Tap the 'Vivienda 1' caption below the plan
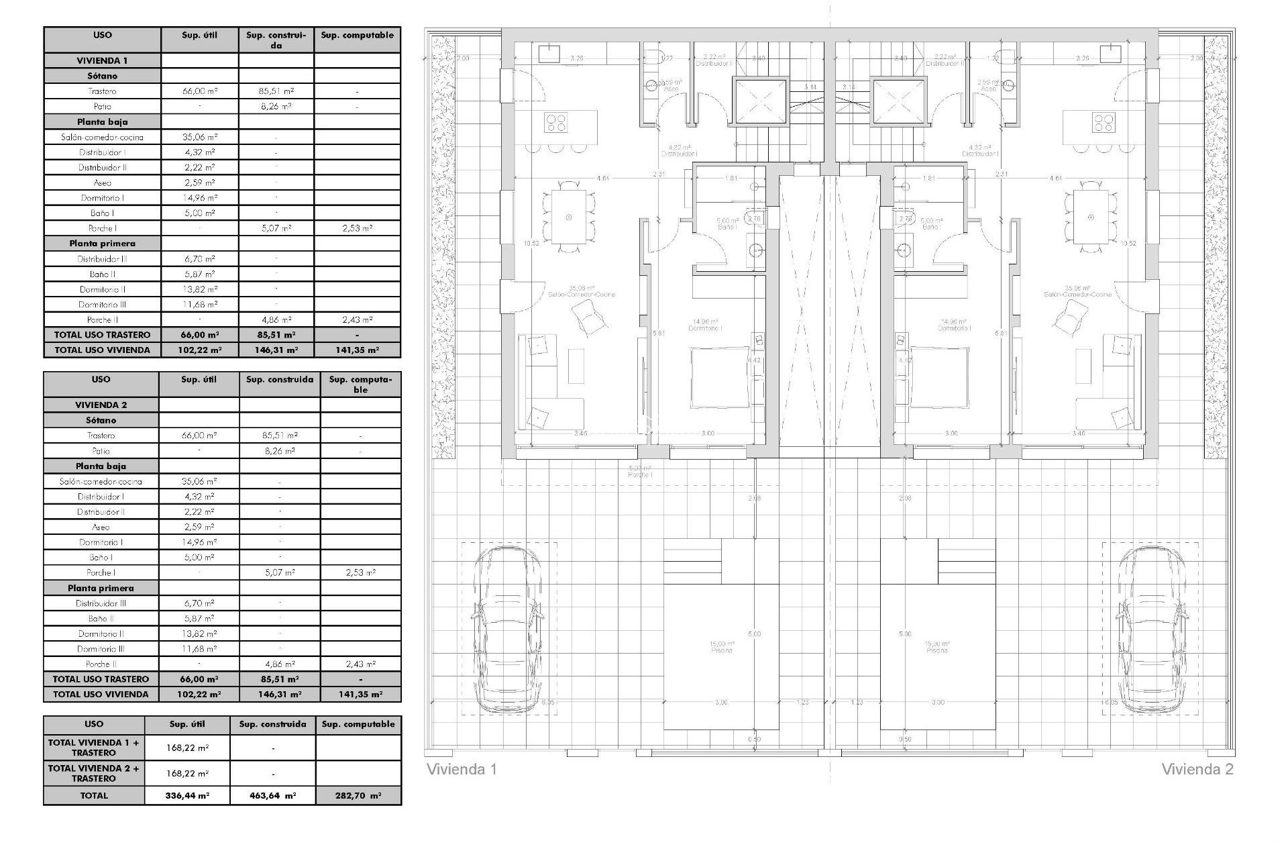coord(462,769)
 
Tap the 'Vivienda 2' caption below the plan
coord(1197,769)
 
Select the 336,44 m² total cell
coord(187,795)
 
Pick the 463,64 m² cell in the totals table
coord(272,795)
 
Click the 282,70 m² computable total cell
coord(358,795)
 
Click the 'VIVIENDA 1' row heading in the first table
coord(102,60)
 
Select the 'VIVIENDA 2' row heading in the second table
coord(101,405)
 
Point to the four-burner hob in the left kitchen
coord(556,122)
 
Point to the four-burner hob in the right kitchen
coord(1103,122)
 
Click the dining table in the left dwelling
coord(569,217)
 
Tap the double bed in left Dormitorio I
coord(720,376)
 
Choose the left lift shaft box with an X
coord(759,101)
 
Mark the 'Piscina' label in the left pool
coord(722,650)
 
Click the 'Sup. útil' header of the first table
coord(200,36)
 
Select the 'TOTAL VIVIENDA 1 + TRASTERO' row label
coord(94,747)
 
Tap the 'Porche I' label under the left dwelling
coord(640,474)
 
